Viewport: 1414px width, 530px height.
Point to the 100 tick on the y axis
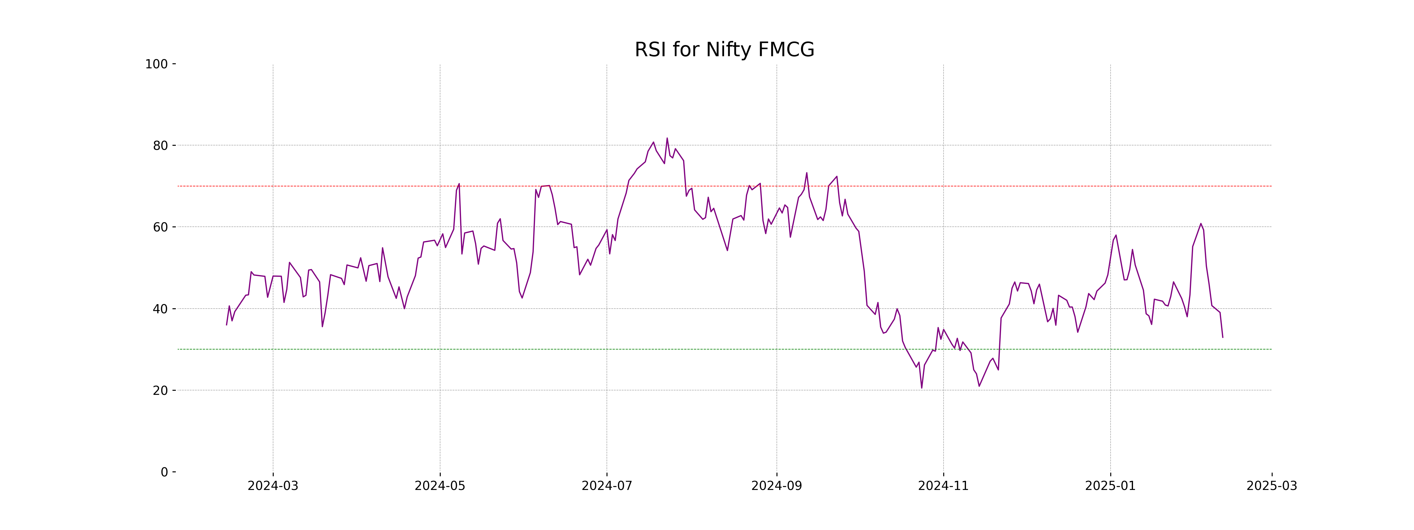[156, 64]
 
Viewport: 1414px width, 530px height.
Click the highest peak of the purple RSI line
[667, 138]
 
